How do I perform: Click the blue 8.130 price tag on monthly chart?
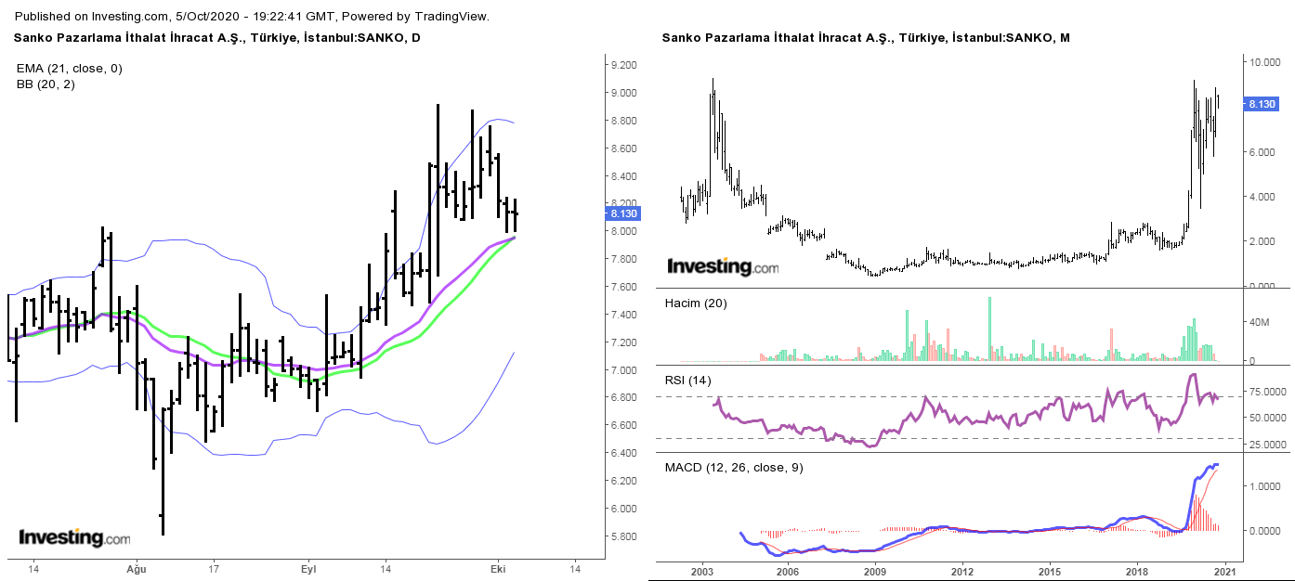pos(1261,104)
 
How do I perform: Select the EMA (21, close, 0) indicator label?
pos(69,68)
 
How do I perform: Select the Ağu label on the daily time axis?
pos(137,568)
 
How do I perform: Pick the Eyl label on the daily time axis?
pos(308,568)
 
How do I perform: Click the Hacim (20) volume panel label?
pos(695,303)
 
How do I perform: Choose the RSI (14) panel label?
pos(687,380)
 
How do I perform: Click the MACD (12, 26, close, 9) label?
pos(734,467)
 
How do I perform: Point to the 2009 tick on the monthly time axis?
pos(875,571)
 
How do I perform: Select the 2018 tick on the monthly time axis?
pos(1138,571)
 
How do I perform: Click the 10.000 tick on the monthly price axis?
pos(1265,63)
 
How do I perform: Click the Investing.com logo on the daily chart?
pos(74,538)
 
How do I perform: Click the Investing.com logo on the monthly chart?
pos(723,267)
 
